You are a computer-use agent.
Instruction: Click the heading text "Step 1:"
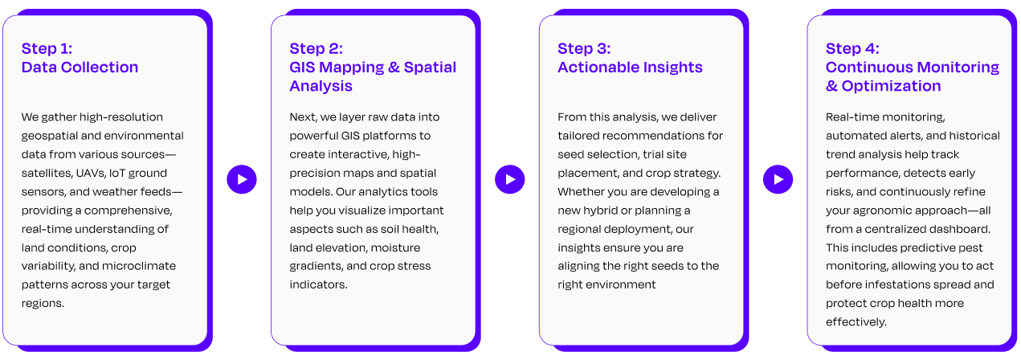[47, 48]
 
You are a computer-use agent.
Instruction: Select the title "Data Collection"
[80, 67]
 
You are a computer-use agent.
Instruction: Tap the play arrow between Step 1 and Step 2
[242, 179]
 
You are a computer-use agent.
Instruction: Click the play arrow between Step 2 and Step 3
[509, 179]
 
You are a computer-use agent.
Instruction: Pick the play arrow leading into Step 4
[778, 179]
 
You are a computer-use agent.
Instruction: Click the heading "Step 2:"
[316, 48]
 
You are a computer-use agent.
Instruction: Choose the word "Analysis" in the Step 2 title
[321, 86]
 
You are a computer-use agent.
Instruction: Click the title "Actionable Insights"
[630, 67]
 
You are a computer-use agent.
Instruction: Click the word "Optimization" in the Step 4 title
[891, 86]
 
